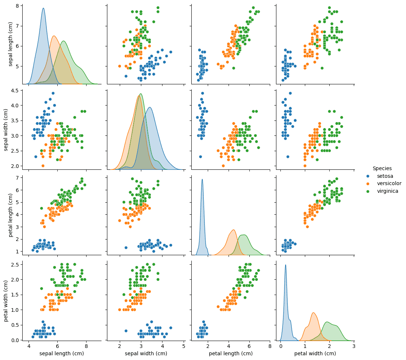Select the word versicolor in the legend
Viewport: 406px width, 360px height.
389,183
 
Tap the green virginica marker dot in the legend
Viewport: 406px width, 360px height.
368,191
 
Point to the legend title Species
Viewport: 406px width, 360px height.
382,168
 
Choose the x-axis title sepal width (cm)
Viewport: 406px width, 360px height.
146,353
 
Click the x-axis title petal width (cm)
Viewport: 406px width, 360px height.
315,353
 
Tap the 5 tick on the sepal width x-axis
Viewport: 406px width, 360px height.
183,345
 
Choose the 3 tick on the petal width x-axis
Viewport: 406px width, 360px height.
354,345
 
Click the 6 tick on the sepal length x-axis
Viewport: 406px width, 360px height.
58,345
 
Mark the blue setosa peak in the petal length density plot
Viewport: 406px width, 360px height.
202,179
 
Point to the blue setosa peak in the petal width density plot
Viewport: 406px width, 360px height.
286,265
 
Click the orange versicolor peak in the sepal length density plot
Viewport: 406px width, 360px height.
54,36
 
